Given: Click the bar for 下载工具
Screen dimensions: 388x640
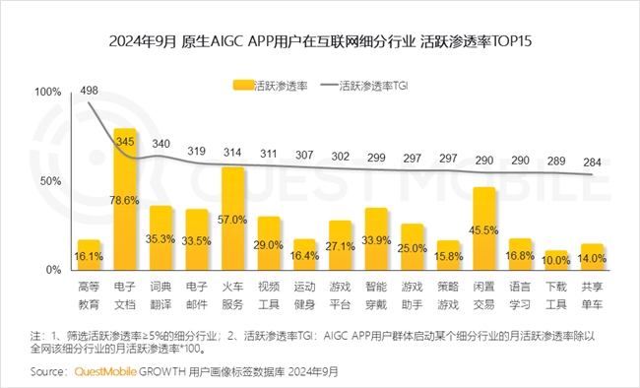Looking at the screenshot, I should tap(556, 260).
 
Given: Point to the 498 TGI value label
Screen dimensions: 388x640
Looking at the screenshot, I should tap(90, 92).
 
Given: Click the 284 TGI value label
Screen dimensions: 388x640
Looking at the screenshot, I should tap(592, 162).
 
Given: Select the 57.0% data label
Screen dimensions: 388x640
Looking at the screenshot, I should tap(232, 220).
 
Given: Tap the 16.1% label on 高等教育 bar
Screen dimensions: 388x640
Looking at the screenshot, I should tap(90, 254).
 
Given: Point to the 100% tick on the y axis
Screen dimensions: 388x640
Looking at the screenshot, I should tap(47, 92).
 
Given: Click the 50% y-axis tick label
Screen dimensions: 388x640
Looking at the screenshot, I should tap(50, 181).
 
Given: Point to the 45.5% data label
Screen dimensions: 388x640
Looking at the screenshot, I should tap(483, 230).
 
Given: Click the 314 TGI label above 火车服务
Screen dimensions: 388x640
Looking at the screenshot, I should tap(232, 152).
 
